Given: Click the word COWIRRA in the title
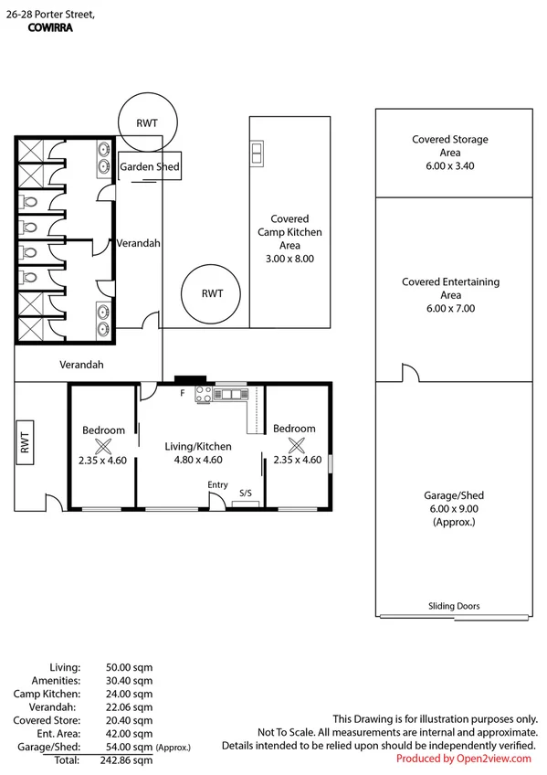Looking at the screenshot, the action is [50, 27].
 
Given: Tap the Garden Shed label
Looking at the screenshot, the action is [150, 166].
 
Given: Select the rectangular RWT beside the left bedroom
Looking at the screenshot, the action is [25, 442].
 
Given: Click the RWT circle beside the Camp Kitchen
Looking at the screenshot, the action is [211, 293].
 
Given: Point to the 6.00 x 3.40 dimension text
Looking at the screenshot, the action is [449, 166].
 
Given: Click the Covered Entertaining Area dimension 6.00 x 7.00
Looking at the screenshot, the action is [451, 308].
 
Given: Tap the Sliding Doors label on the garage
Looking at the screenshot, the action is [454, 606].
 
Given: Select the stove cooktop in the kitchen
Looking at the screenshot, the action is [204, 395].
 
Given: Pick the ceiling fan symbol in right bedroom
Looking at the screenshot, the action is [296, 445].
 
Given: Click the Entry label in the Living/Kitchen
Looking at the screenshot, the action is [217, 485].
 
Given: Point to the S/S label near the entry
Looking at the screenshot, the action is [246, 493].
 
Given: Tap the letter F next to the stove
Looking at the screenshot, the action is [182, 393].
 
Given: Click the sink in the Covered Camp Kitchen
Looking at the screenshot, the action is [257, 154].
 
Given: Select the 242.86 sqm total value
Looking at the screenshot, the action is [126, 760].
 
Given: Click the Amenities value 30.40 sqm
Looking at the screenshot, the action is [129, 681].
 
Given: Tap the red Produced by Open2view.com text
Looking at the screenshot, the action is [464, 759].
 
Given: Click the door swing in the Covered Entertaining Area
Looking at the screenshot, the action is [411, 373].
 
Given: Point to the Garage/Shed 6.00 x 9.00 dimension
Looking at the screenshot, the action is [454, 509].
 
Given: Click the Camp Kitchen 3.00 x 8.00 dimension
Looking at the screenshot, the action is [289, 259].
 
